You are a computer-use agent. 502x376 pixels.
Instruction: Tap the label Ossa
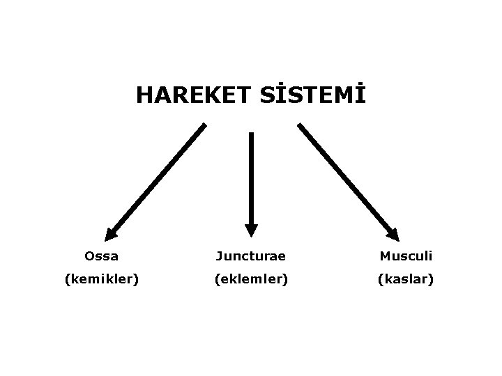pos(101,256)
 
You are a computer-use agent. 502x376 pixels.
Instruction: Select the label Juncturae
pos(251,256)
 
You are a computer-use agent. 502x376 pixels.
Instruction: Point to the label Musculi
pos(406,256)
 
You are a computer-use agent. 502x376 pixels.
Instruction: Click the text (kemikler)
pos(101,279)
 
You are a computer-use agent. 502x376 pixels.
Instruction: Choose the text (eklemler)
pos(251,279)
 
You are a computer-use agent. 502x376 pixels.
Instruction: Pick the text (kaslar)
pos(406,279)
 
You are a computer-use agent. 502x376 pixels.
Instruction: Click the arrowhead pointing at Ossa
pos(110,235)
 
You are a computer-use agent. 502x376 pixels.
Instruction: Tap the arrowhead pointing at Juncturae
pos(251,230)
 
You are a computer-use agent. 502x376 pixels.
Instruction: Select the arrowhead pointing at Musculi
pos(393,235)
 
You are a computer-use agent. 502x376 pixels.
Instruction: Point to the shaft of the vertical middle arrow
pos(251,178)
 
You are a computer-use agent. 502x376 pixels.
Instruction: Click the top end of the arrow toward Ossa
pos(204,126)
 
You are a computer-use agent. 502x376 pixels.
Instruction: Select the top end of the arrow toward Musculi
pos(300,126)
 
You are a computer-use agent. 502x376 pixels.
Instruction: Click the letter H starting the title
pos(144,95)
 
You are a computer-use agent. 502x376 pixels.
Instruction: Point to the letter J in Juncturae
pos(219,256)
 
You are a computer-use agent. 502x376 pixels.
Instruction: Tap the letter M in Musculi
pos(385,256)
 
